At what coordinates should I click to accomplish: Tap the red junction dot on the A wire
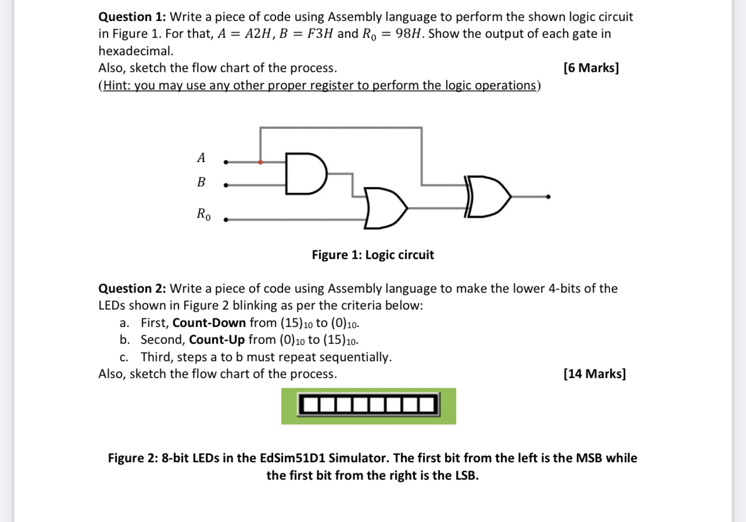(260, 162)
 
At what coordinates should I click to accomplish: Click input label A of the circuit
(201, 157)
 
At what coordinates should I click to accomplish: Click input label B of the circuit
(201, 182)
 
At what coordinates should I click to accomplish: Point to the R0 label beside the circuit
(203, 214)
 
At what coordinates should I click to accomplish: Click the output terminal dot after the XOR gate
(547, 197)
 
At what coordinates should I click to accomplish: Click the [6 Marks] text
(591, 68)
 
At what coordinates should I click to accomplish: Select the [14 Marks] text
(594, 373)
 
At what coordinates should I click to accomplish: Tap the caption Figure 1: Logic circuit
(372, 255)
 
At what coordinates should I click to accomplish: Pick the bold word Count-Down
(209, 323)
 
